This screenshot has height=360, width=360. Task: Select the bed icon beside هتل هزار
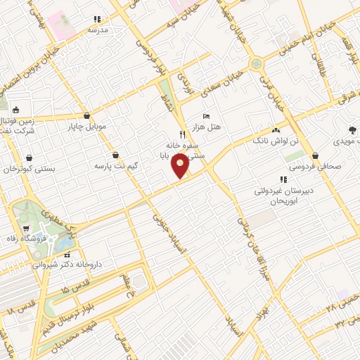(x=205, y=115)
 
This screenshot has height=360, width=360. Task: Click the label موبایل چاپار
(x=86, y=127)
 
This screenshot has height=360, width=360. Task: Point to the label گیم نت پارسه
(x=116, y=166)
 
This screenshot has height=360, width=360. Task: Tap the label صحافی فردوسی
(x=313, y=167)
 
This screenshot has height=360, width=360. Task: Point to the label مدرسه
(x=97, y=30)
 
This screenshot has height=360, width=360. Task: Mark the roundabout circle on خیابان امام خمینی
(x=256, y=64)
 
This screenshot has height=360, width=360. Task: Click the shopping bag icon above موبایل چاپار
(x=86, y=116)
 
